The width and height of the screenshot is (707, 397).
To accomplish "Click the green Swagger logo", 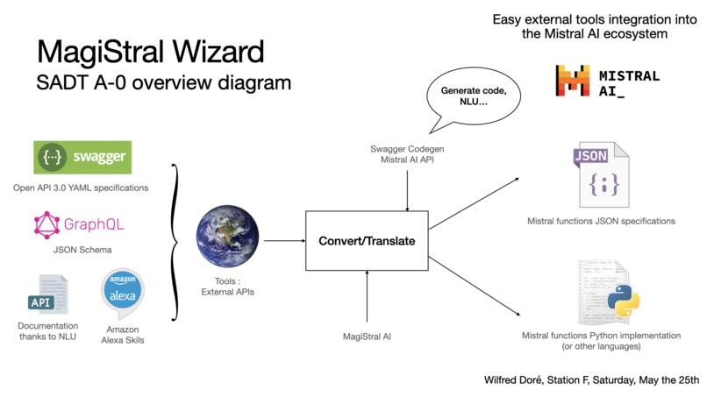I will point(82,158).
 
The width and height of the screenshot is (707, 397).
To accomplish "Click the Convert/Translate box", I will point(367,240).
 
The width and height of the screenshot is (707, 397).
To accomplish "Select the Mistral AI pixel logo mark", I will point(572,81).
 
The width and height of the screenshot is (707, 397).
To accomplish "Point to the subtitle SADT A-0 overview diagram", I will point(163,83).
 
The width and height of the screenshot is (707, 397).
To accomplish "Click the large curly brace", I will point(176,239).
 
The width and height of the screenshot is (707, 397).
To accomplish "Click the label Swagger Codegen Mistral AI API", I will point(407,154).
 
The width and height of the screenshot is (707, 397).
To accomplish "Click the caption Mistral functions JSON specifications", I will point(601,221).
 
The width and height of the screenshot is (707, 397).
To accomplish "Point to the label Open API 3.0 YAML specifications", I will point(81,188).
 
